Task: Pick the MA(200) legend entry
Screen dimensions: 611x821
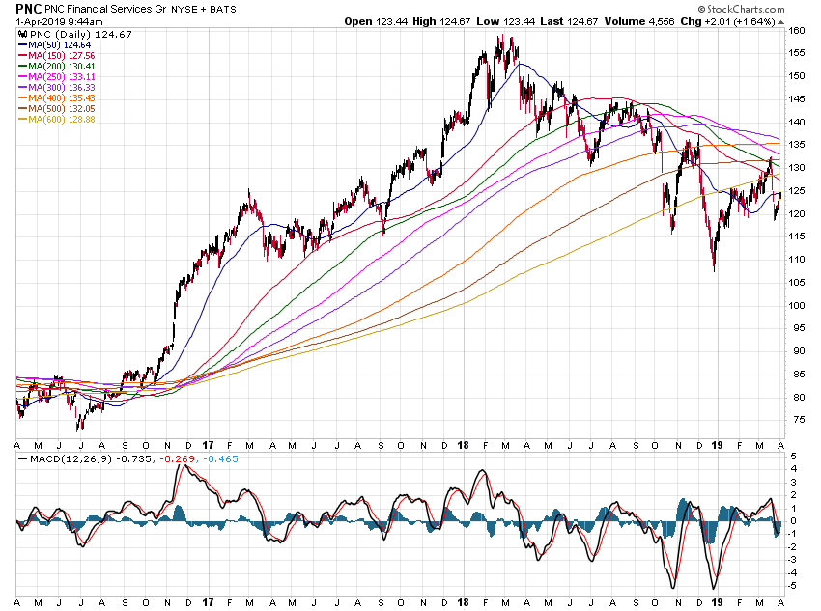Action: pos(53,66)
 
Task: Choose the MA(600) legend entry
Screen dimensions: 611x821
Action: pos(53,119)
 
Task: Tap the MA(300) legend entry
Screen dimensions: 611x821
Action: pos(53,87)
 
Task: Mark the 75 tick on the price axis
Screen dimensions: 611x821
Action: pos(795,419)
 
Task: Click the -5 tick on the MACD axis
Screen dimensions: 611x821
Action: pos(794,585)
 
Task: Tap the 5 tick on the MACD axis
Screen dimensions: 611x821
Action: pos(794,456)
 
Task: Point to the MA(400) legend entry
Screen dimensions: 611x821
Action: pos(53,97)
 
